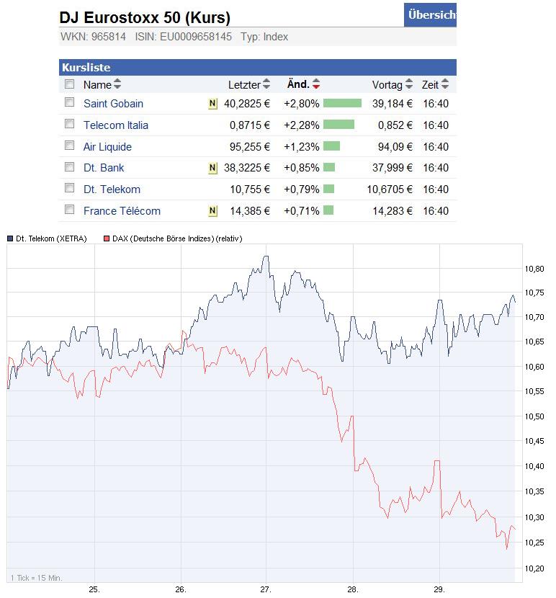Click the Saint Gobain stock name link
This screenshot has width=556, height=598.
(113, 104)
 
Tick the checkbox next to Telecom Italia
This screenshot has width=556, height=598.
(70, 124)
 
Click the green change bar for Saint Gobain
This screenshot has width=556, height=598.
(342, 104)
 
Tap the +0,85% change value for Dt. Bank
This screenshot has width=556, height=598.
(301, 168)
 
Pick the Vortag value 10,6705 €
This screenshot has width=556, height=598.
(390, 189)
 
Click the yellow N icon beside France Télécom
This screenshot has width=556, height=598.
(212, 211)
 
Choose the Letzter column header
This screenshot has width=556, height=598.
(244, 85)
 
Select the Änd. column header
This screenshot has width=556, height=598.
(298, 84)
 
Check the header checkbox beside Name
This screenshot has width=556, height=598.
(70, 84)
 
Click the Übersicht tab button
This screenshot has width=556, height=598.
(431, 14)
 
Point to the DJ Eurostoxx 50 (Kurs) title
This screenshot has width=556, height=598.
(145, 18)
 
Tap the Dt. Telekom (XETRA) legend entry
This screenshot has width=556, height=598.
(50, 239)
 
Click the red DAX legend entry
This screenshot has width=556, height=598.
(176, 239)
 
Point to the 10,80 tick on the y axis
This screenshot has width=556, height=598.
(535, 269)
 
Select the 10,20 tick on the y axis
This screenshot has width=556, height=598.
(535, 568)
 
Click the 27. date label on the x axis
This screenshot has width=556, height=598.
(266, 589)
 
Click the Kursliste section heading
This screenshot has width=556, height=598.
(86, 68)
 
